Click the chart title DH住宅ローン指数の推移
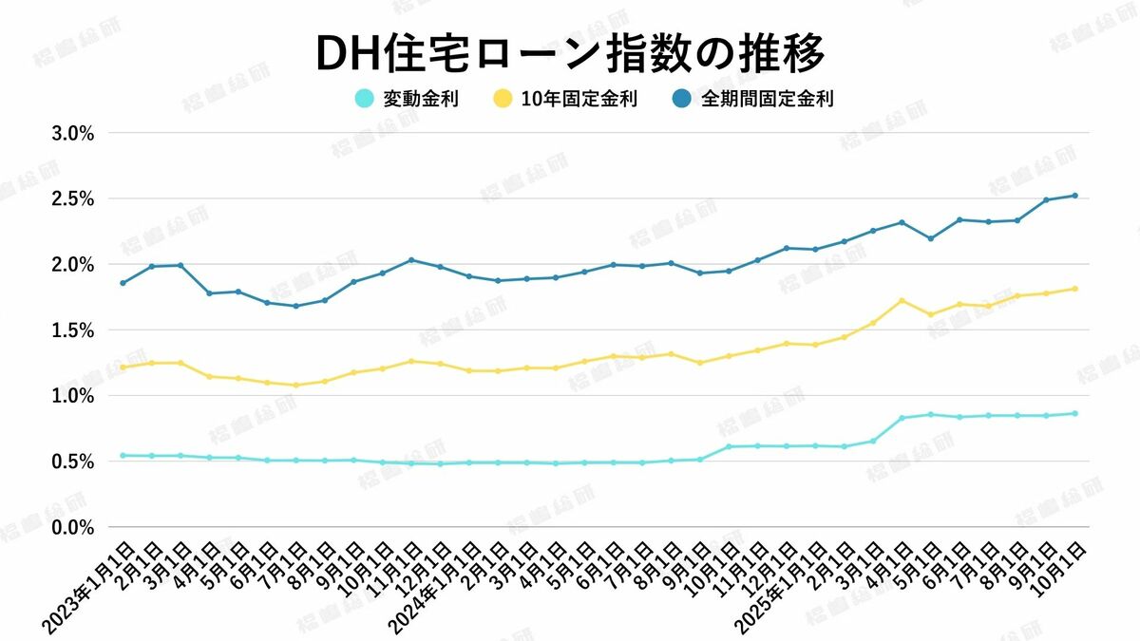pyautogui.click(x=569, y=54)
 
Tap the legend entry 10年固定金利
pyautogui.click(x=579, y=98)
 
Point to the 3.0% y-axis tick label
pyautogui.click(x=71, y=133)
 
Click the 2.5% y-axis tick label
pyautogui.click(x=71, y=198)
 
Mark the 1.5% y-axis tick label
pyautogui.click(x=71, y=330)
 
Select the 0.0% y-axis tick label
pyautogui.click(x=71, y=526)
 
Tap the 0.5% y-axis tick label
pyautogui.click(x=71, y=461)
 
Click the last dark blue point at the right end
pyautogui.click(x=1075, y=196)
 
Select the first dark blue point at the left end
pyautogui.click(x=123, y=283)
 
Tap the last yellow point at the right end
pyautogui.click(x=1075, y=289)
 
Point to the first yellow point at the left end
pyautogui.click(x=123, y=367)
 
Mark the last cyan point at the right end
pyautogui.click(x=1075, y=413)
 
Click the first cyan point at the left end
pyautogui.click(x=123, y=456)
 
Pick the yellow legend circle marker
pyautogui.click(x=503, y=98)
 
